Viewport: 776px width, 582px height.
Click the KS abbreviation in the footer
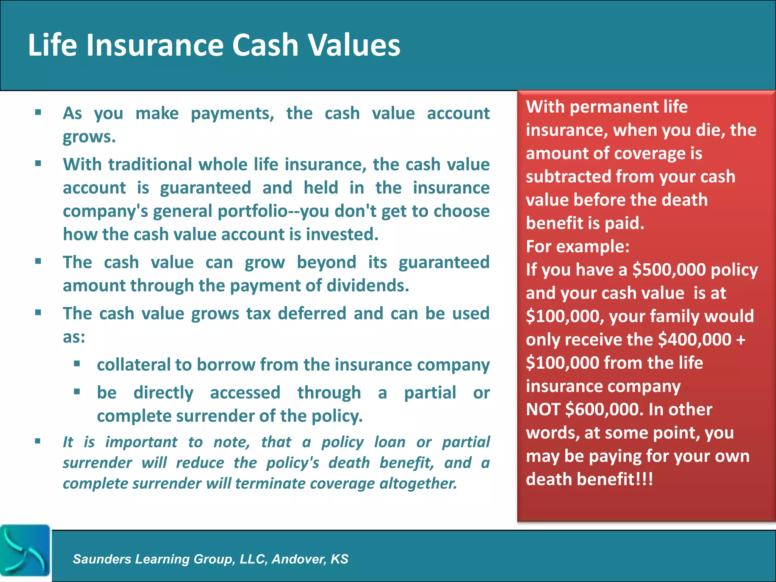tap(339, 559)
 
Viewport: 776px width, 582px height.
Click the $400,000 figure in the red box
tap(695, 339)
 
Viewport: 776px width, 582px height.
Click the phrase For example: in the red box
tap(577, 247)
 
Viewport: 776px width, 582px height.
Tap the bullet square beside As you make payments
tap(38, 112)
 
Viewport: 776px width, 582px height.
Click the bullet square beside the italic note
tap(38, 441)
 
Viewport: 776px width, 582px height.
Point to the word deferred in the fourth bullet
tap(312, 314)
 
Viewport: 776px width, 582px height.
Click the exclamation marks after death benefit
tap(645, 479)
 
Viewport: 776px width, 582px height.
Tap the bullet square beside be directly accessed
tap(77, 391)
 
